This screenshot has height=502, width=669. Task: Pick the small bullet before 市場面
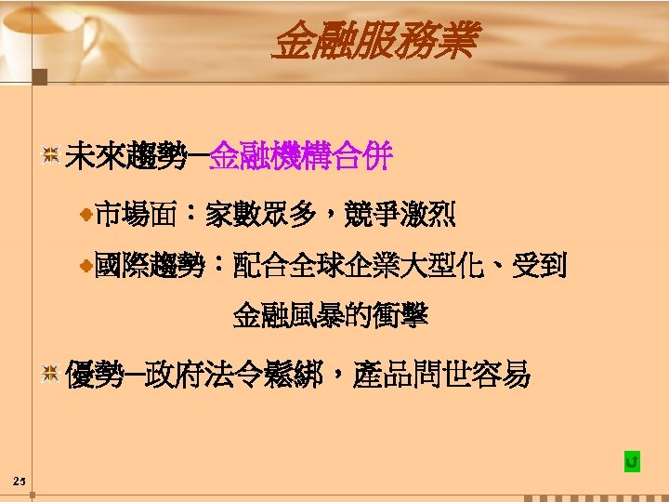(85, 216)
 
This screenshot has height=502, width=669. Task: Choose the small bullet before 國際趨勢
(85, 267)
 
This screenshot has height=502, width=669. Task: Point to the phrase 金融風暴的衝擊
(330, 317)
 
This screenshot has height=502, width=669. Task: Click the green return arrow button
(632, 462)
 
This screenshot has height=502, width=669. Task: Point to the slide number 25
(19, 481)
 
